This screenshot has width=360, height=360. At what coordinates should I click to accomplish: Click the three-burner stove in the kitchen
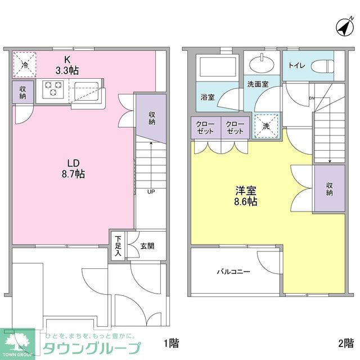pyautogui.click(x=52, y=89)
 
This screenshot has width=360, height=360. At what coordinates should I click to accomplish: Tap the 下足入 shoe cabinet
pyautogui.click(x=118, y=245)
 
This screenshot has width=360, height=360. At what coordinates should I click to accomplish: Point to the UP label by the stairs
pyautogui.click(x=151, y=191)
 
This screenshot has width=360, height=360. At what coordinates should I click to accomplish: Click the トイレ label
pyautogui.click(x=296, y=65)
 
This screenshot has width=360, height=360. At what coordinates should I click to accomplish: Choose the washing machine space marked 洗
pyautogui.click(x=266, y=125)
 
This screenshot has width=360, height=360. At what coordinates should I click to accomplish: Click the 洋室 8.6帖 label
pyautogui.click(x=246, y=195)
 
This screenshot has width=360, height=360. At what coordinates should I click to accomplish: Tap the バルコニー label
pyautogui.click(x=233, y=272)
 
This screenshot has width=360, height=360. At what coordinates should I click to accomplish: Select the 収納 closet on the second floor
pyautogui.click(x=329, y=188)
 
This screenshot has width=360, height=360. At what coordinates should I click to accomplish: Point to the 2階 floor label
pyautogui.click(x=345, y=343)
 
